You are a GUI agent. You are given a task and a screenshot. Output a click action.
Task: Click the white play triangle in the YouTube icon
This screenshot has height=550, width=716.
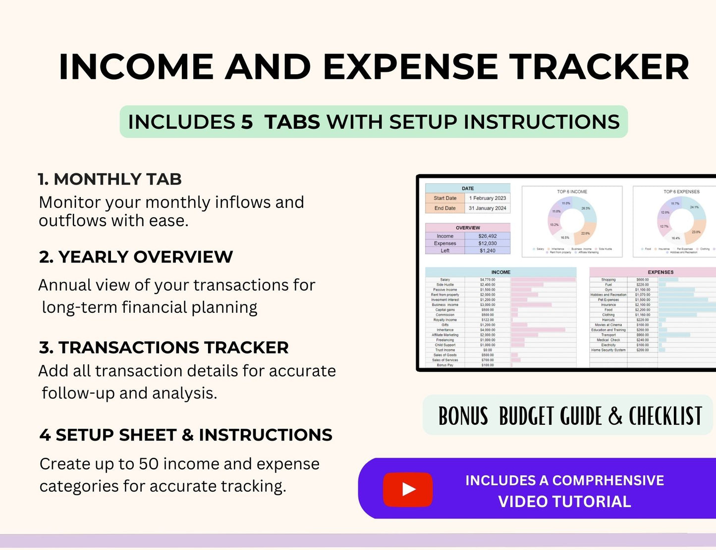click(408, 490)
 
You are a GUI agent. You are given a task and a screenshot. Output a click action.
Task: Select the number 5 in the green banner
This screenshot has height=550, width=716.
click(247, 122)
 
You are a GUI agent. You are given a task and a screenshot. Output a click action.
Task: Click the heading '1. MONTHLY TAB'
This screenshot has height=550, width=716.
click(110, 179)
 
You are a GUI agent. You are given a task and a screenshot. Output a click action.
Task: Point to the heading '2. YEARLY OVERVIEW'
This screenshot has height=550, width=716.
click(136, 257)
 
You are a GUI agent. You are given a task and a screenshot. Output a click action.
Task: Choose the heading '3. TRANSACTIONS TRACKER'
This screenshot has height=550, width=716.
click(164, 348)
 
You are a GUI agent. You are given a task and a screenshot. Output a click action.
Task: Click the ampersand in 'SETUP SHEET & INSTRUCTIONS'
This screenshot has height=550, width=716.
click(188, 435)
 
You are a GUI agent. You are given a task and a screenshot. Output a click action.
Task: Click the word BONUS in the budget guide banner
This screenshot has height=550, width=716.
click(463, 416)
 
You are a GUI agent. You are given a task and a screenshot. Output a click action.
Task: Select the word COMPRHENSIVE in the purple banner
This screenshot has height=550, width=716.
click(608, 480)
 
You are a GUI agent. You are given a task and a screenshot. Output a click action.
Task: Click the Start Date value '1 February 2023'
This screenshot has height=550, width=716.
click(488, 198)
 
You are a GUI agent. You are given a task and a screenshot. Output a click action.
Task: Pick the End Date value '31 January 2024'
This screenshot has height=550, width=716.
click(488, 208)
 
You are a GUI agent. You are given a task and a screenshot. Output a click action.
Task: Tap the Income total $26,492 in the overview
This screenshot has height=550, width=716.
click(488, 236)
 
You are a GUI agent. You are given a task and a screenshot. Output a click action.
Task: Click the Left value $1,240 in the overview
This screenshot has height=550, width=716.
click(488, 250)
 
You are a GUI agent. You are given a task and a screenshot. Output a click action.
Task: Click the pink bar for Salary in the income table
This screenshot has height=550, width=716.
click(543, 280)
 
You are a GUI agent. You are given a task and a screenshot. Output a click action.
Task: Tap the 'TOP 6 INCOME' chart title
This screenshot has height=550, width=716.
click(572, 192)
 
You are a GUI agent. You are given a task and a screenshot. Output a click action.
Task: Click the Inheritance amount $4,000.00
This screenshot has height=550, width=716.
click(488, 330)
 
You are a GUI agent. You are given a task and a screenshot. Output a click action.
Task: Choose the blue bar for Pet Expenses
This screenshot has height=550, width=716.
click(683, 300)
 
